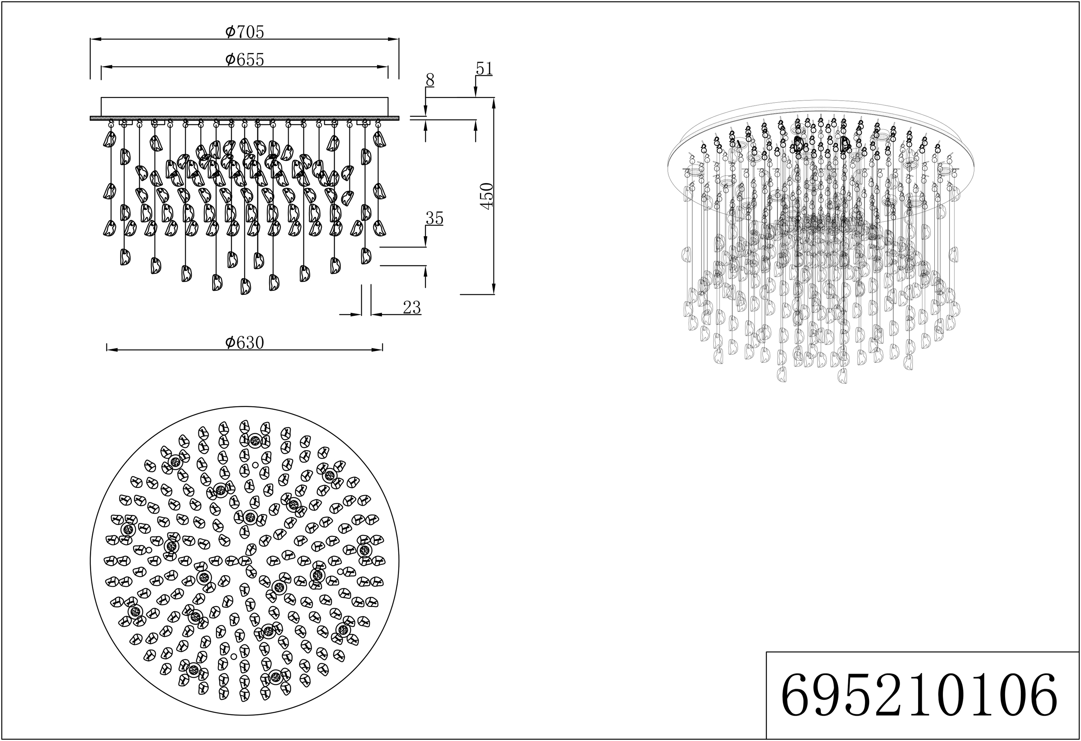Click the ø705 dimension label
pos(244,32)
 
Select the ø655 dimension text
pos(244,59)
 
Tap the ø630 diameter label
pos(244,342)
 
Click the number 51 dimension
pos(484,69)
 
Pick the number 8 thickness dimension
pos(430,80)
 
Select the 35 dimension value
pos(435,219)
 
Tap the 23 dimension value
pos(412,307)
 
